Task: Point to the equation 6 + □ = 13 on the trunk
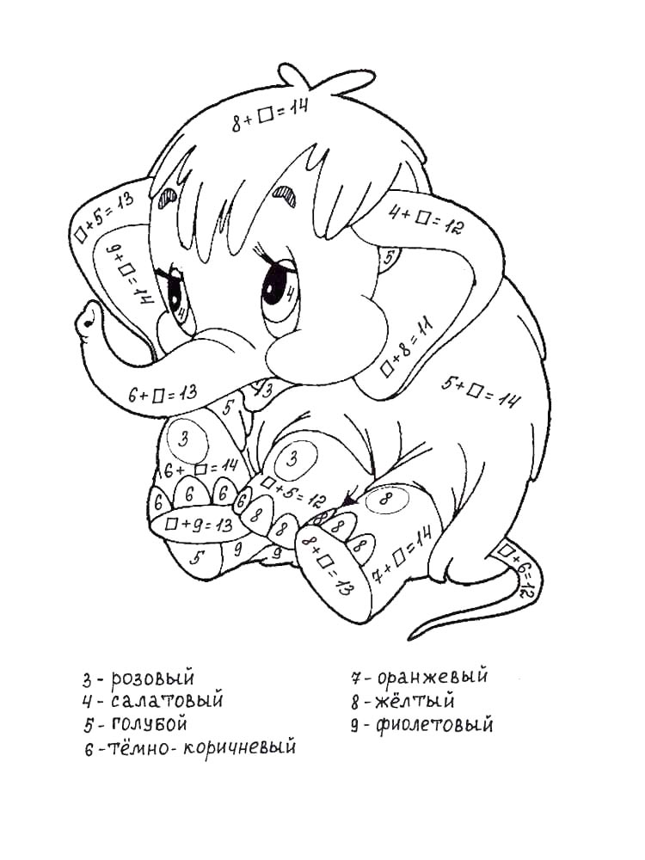tap(163, 394)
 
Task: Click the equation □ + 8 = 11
tap(407, 347)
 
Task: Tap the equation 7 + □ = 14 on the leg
tap(402, 554)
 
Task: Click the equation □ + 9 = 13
tap(199, 525)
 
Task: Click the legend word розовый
tap(152, 679)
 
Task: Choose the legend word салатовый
tap(168, 701)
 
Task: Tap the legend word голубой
tap(149, 724)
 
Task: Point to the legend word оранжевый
tap(433, 676)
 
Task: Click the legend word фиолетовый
tap(434, 725)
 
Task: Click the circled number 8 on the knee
tap(387, 500)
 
